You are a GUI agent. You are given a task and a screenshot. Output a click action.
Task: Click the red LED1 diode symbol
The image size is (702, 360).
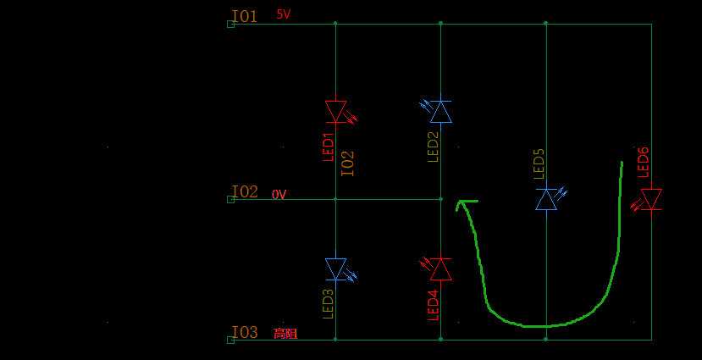[336, 111]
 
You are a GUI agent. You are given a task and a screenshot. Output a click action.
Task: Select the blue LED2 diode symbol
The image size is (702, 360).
[440, 111]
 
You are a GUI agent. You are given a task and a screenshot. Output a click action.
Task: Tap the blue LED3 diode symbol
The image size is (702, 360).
[336, 269]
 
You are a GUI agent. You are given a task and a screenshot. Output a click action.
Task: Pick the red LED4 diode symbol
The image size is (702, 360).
[440, 269]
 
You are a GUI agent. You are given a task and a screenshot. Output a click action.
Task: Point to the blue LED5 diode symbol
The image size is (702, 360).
[547, 199]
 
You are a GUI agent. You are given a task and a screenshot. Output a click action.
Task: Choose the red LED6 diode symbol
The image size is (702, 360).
[651, 199]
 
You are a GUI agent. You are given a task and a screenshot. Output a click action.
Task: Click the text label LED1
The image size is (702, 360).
[329, 147]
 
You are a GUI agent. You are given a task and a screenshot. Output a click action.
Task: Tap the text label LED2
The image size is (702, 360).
[433, 147]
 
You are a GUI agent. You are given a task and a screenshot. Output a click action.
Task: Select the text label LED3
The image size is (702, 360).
[329, 304]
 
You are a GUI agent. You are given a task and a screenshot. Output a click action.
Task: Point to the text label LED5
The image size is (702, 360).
[539, 163]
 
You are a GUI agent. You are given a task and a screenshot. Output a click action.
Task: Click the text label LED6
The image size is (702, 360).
[644, 162]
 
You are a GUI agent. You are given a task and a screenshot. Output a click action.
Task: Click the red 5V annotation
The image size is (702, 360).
[284, 14]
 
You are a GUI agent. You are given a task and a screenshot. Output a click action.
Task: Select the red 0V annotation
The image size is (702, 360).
[279, 195]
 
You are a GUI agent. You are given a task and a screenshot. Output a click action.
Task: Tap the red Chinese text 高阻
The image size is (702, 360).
[285, 334]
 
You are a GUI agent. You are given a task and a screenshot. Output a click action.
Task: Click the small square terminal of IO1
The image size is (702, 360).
[230, 25]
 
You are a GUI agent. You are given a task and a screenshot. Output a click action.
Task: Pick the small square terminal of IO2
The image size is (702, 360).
[230, 200]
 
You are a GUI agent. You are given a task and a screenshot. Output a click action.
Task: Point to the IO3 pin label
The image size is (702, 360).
[245, 332]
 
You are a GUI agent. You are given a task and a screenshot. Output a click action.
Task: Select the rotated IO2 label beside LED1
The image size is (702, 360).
[348, 163]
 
